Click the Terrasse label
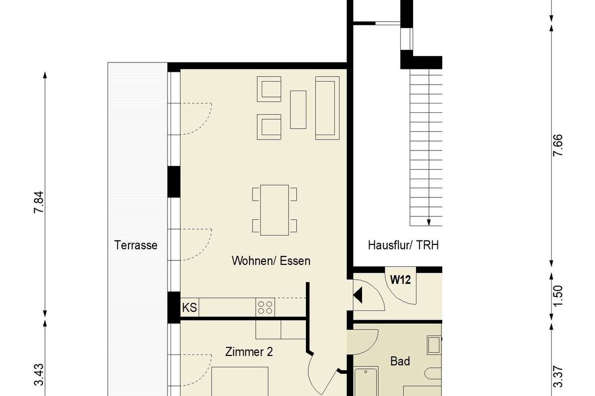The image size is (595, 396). (136, 245)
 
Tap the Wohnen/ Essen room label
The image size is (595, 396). (271, 261)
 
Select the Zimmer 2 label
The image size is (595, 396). (249, 352)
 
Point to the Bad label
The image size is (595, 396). (400, 361)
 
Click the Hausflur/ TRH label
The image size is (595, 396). (403, 245)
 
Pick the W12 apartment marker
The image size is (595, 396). (400, 280)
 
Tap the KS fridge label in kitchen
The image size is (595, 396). (189, 308)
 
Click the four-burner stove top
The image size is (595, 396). (265, 307)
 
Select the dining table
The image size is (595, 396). (274, 210)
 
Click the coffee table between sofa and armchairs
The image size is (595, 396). (298, 110)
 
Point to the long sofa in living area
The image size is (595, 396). (327, 108)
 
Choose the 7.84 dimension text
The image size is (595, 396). (39, 202)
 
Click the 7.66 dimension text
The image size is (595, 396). (557, 146)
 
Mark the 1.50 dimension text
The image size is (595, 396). (557, 296)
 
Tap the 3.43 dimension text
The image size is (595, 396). (39, 375)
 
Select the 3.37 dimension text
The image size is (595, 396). (557, 377)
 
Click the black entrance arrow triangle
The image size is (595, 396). (357, 295)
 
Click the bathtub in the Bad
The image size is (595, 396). (366, 382)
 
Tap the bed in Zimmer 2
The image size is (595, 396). (240, 382)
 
